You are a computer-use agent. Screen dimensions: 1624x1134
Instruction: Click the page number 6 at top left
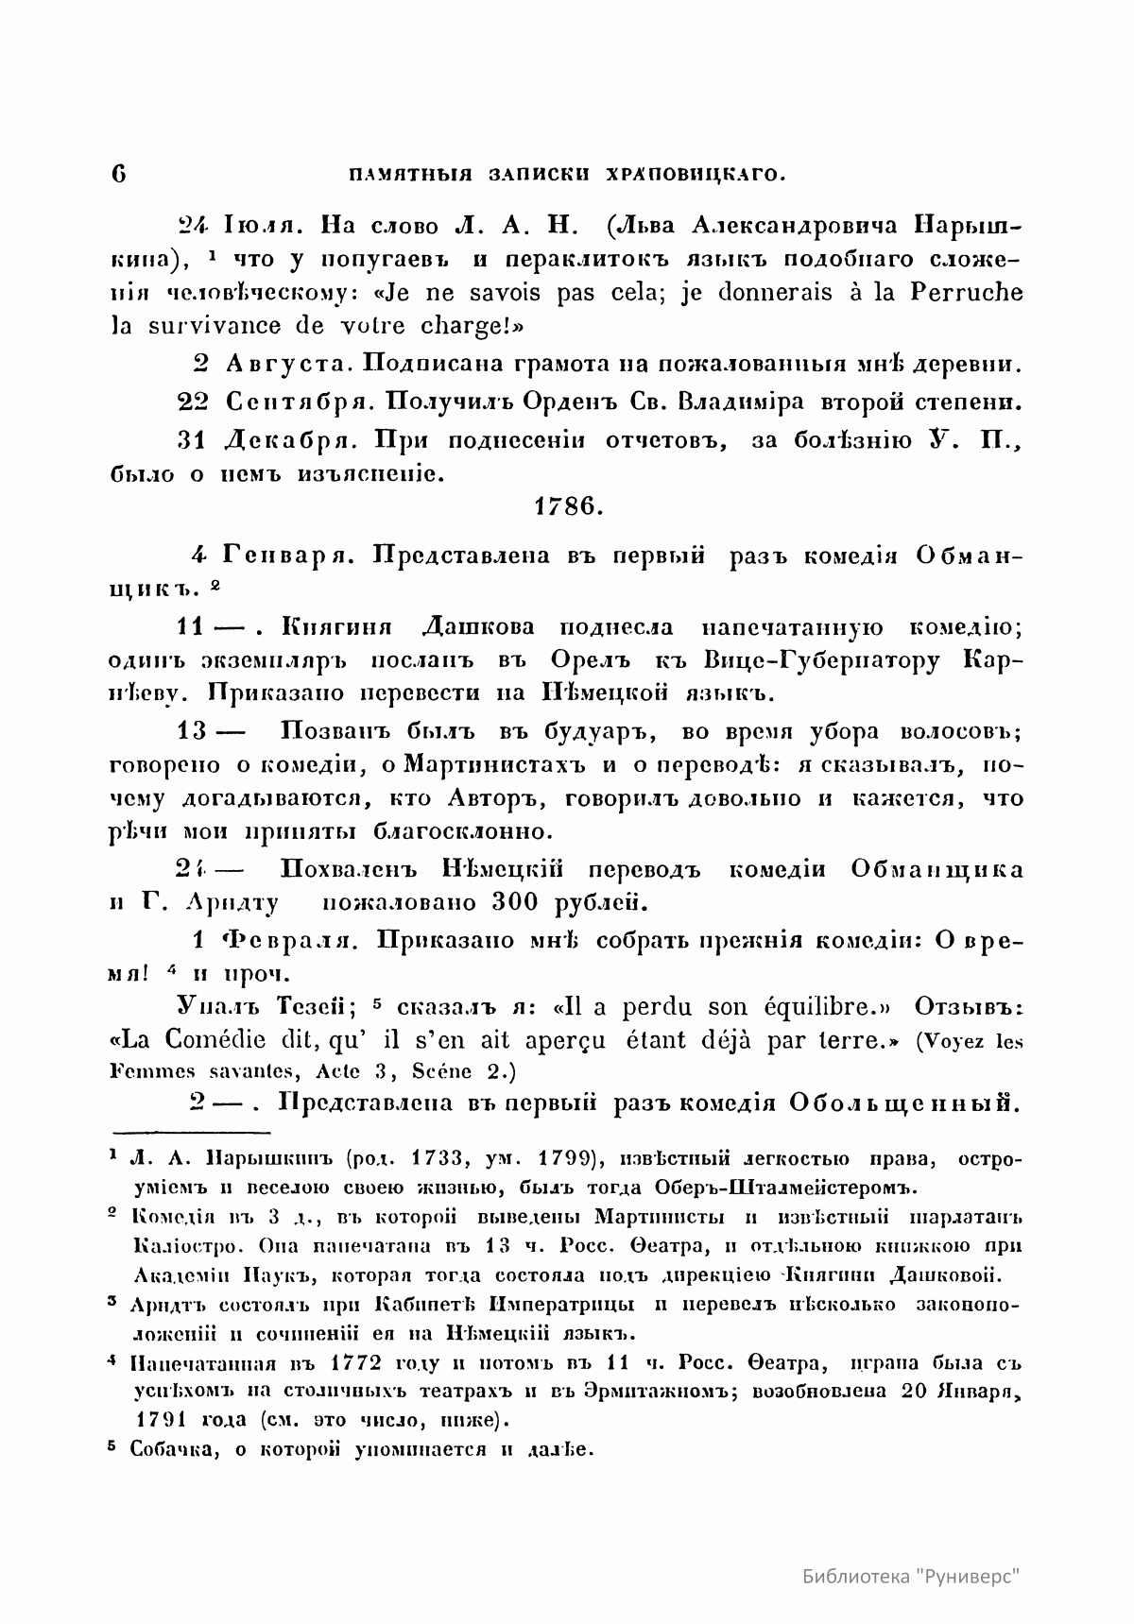118,174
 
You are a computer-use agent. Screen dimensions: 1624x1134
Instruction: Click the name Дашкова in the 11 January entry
476,626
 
